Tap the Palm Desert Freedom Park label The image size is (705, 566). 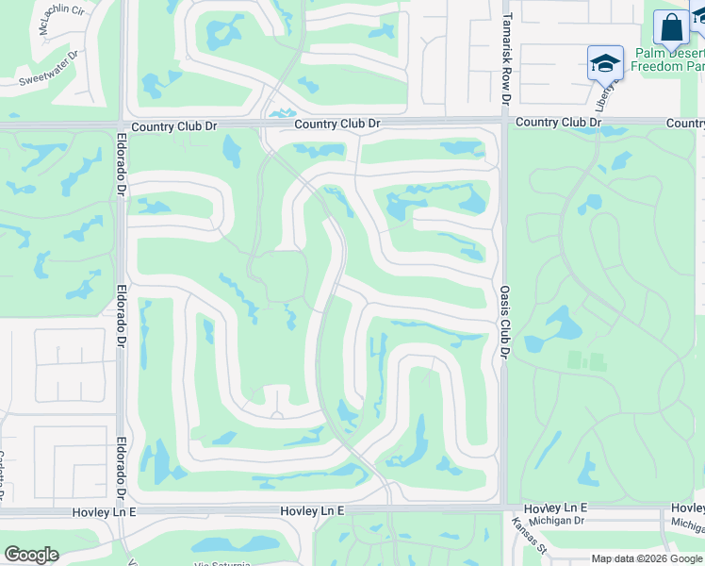point(666,59)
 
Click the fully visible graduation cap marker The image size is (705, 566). point(604,62)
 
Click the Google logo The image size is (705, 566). point(31,555)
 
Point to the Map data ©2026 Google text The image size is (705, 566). point(647,558)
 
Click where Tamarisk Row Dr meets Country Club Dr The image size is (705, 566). point(505,121)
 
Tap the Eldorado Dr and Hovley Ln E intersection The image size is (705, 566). point(123,510)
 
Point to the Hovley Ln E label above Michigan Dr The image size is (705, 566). point(556,508)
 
